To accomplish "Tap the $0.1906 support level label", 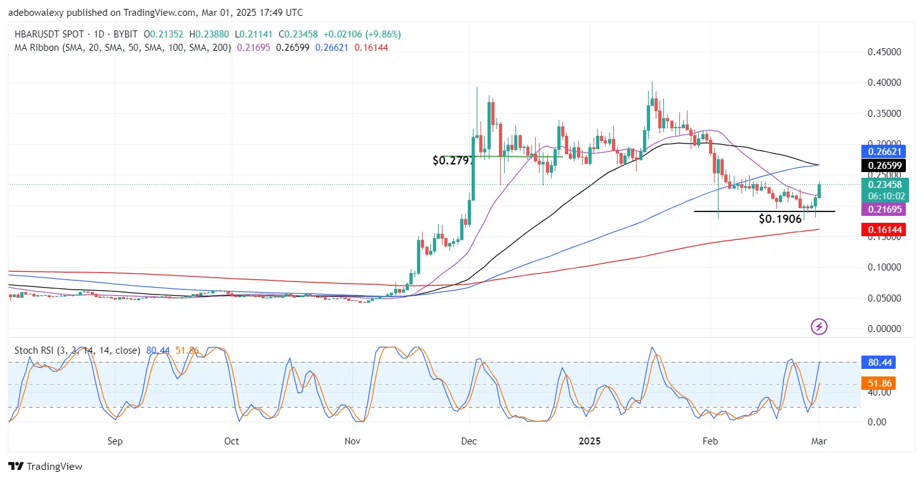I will [x=780, y=219].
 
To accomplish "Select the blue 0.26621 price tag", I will [x=882, y=151].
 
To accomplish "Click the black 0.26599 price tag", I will [x=882, y=166].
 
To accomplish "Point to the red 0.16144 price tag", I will [x=882, y=229].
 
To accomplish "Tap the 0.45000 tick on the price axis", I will [x=884, y=52].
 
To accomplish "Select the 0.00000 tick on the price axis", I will [x=884, y=329].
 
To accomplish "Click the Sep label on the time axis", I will [x=114, y=441].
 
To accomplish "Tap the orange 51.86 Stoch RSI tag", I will [x=878, y=383].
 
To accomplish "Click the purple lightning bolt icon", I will [x=819, y=327].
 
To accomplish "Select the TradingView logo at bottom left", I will [x=45, y=467].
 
